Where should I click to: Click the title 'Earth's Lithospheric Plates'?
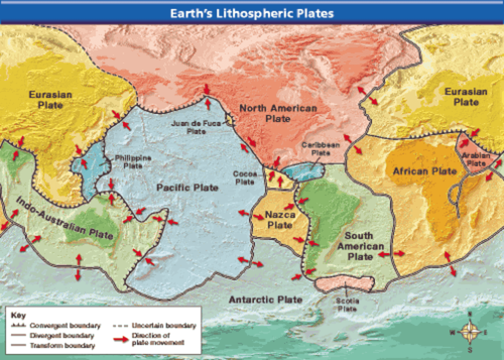coord(252,13)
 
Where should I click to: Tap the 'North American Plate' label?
coord(278,113)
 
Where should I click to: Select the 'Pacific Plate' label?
coord(187,188)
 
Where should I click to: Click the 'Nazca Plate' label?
coord(280,220)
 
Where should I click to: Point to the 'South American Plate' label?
coord(360,246)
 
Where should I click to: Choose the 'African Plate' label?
coord(425,171)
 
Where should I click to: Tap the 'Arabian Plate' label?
coord(476,159)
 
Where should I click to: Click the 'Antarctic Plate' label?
coord(265,300)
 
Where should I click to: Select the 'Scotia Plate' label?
coord(347,305)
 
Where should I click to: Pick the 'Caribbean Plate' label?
coord(321,148)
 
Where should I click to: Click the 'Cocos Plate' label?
coord(245,178)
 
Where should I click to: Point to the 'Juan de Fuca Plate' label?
coord(196,127)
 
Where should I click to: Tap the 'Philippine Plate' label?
coord(133,162)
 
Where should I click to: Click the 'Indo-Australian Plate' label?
coord(65,218)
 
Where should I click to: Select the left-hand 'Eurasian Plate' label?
coord(50,100)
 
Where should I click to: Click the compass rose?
coord(469,332)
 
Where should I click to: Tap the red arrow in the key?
coord(121,339)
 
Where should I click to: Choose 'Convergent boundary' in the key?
coord(65,326)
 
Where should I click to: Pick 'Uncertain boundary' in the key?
coord(164,326)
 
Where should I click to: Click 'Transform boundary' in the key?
coord(62,346)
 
